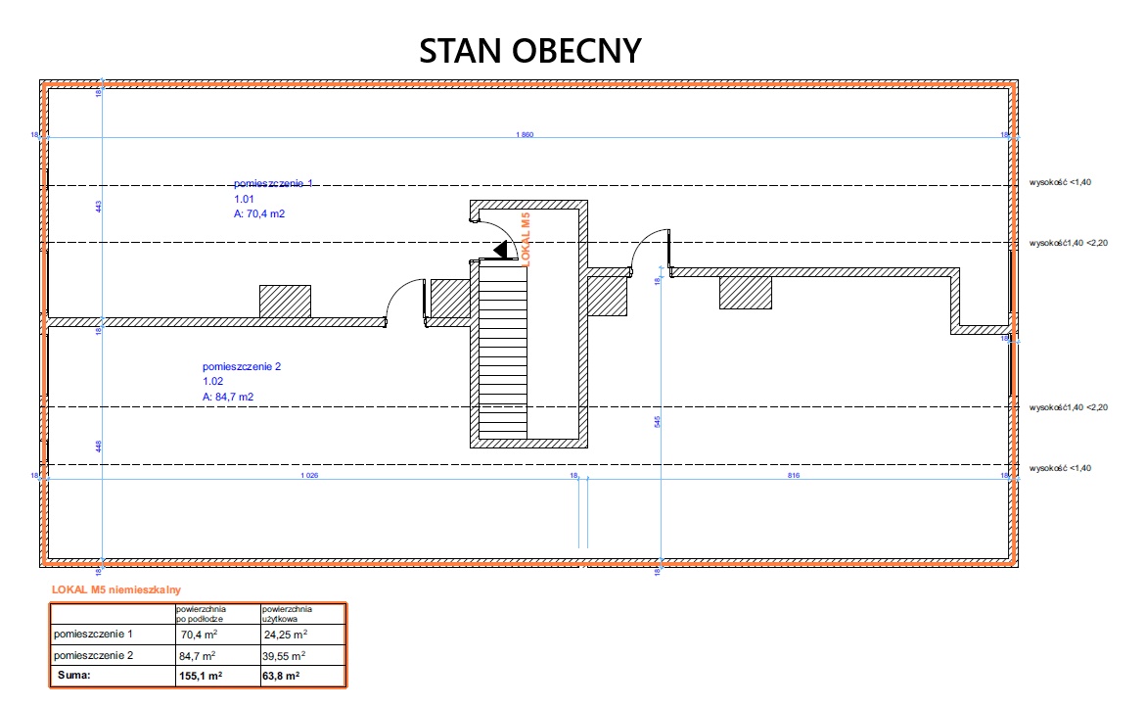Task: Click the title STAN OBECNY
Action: [x=530, y=51]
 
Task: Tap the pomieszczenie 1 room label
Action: [x=273, y=183]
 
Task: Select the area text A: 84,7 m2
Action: [x=229, y=397]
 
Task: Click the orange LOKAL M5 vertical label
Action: [x=527, y=239]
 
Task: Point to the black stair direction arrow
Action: [x=501, y=251]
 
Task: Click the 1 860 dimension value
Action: [x=524, y=133]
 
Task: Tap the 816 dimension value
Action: [x=794, y=476]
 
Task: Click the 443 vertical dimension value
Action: [x=99, y=206]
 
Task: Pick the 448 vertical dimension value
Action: [x=99, y=447]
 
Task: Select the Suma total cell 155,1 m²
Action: [x=201, y=676]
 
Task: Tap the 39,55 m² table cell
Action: [x=284, y=655]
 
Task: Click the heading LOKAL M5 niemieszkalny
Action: [x=115, y=590]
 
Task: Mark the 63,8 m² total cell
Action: [x=281, y=676]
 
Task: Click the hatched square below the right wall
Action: [x=746, y=293]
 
